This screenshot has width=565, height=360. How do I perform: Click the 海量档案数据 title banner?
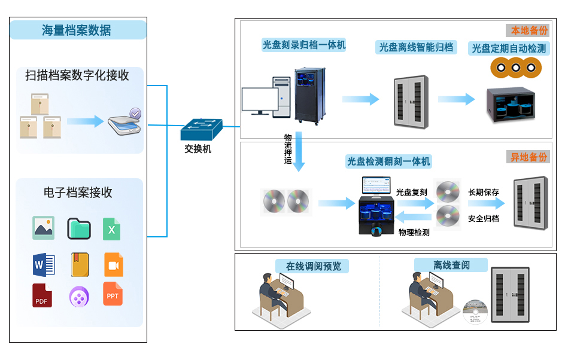coord(78,30)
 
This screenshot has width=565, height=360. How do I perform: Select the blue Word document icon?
coord(44,264)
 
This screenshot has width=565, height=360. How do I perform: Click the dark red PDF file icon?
coord(42,295)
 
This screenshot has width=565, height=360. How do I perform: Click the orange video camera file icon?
coord(113,264)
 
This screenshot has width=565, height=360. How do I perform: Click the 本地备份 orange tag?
coord(528,30)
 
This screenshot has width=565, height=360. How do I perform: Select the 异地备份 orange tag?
coord(528,157)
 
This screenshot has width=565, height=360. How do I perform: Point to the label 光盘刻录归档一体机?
coord(304,45)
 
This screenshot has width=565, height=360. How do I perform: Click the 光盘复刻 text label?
coord(411,192)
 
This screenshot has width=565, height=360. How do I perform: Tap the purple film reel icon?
coord(79,296)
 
